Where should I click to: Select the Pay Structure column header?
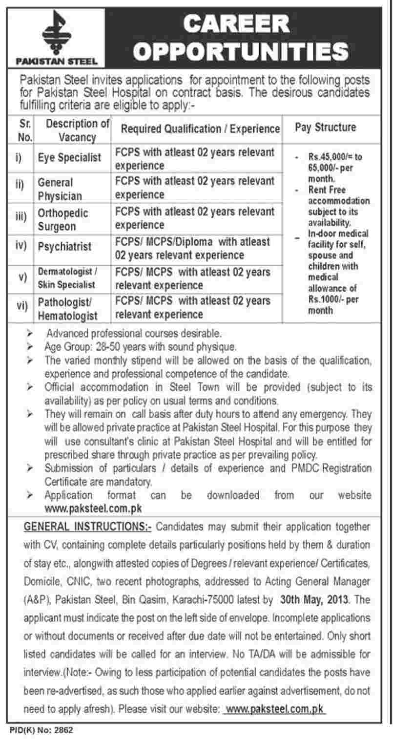point(325,128)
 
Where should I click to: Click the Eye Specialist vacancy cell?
point(70,158)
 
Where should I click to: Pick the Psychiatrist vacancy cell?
point(65,247)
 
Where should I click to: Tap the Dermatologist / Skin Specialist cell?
point(68,278)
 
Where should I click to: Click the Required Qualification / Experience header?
point(200,128)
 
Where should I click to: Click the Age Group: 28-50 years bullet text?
point(141,348)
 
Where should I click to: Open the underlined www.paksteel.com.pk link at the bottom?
point(273,709)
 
